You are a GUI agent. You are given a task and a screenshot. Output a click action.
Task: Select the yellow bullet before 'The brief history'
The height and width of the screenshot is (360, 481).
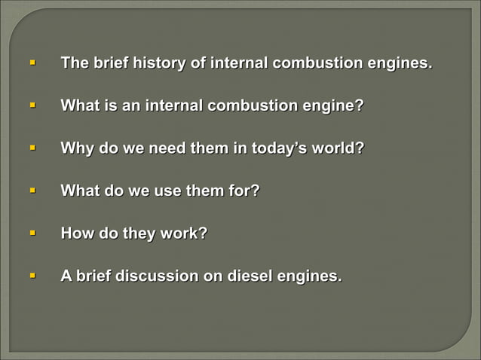point(32,61)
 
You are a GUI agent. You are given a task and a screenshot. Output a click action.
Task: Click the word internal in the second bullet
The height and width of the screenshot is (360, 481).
point(173,106)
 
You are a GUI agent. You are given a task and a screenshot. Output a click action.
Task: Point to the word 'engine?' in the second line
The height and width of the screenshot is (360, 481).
point(332,106)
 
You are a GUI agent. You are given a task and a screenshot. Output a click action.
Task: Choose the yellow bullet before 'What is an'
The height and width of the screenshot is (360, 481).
point(32,104)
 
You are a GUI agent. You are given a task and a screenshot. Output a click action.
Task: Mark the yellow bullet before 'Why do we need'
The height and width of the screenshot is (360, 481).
point(32,147)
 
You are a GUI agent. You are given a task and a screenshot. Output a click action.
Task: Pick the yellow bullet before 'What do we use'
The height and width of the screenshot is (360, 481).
point(32,190)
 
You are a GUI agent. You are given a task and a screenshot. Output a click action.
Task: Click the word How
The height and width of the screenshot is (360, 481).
point(77,234)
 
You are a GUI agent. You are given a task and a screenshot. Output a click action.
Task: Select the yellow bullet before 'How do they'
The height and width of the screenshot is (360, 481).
point(32,233)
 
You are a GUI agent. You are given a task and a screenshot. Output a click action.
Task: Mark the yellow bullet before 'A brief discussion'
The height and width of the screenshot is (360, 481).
point(32,276)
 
